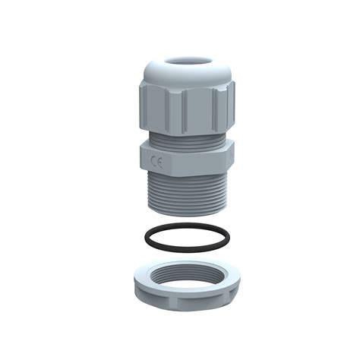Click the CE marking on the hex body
click(157, 160)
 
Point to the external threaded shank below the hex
click(186, 190)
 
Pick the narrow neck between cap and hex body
click(186, 137)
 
